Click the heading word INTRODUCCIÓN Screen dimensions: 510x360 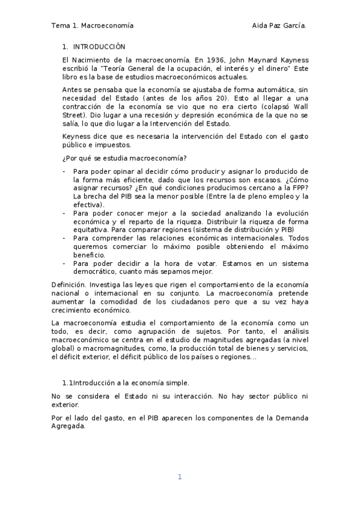point(99,46)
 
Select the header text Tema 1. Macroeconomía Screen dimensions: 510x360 point(92,26)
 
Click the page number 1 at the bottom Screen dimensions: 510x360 point(179,477)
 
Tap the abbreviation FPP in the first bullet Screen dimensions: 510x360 point(299,188)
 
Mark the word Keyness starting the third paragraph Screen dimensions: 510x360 point(76,137)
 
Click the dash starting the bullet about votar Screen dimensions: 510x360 point(65,263)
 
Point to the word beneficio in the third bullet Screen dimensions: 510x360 point(90,255)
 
